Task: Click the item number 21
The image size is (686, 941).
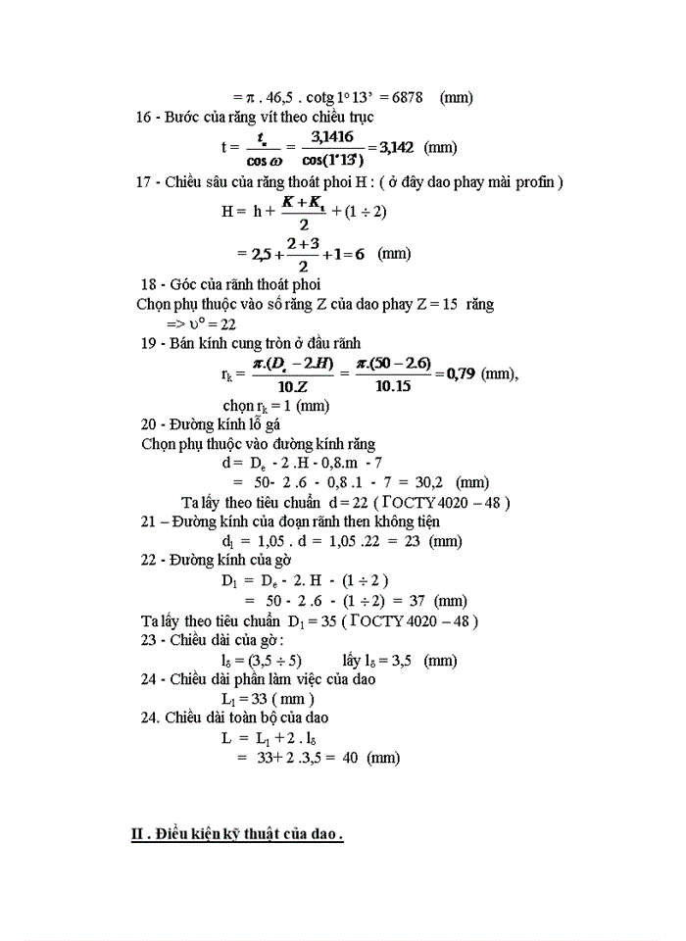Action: [148, 521]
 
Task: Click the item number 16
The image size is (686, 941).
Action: [144, 117]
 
